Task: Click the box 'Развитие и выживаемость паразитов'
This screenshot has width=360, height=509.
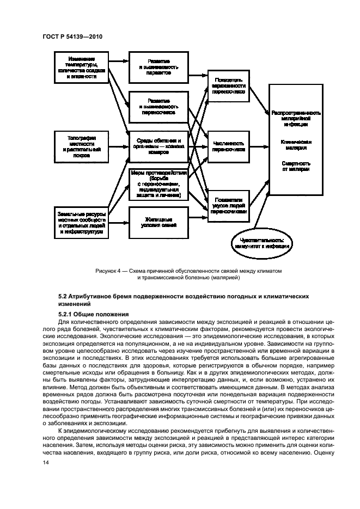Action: pos(158,68)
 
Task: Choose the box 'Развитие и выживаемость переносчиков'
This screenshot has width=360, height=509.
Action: pos(158,106)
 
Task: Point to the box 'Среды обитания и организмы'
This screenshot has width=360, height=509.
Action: pos(158,146)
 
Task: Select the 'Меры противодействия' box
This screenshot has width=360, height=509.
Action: pos(158,185)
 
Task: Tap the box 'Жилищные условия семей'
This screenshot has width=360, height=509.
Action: pos(158,222)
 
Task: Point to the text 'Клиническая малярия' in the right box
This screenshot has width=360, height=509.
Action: pos(296,144)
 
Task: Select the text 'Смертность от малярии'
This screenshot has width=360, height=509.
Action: pos(296,166)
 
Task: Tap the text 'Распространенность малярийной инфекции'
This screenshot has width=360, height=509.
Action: pos(296,118)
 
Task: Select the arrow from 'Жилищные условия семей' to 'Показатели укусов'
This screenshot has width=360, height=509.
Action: pos(197,218)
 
